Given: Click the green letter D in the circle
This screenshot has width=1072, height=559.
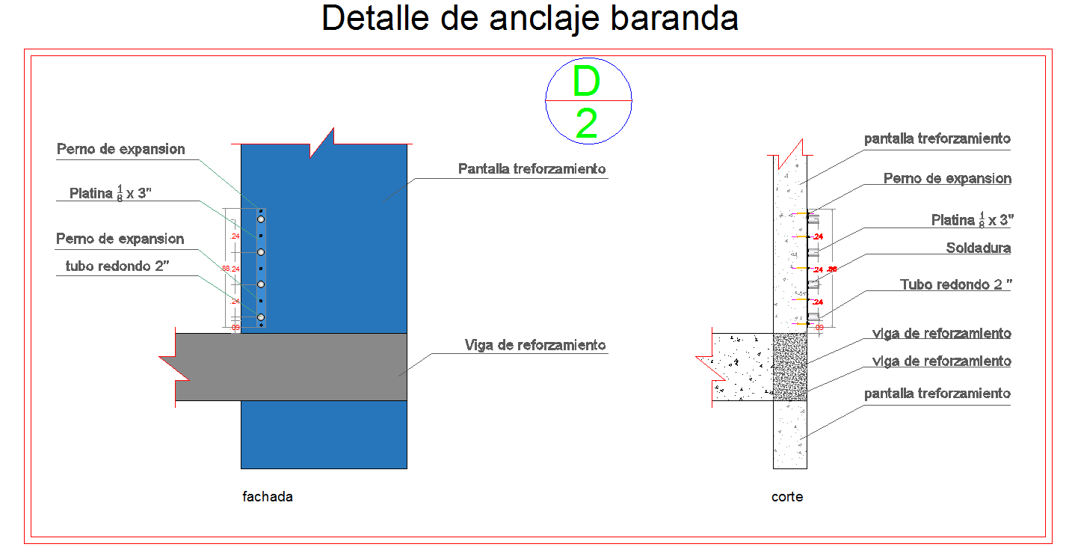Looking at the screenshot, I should [587, 82].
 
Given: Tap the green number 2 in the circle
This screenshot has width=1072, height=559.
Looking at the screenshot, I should [587, 124].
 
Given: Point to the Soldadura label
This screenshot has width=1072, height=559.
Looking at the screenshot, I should [978, 248].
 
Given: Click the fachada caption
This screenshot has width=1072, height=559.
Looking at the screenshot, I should [268, 496].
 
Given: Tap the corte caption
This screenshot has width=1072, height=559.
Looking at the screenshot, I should [787, 496].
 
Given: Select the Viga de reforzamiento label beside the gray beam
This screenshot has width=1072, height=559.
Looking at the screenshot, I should [535, 345].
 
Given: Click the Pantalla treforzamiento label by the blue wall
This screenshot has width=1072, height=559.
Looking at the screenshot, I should [532, 169].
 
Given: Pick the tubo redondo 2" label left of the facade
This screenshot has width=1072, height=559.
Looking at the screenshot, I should [118, 266].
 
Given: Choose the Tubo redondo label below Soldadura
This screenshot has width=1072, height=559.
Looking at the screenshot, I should [955, 284].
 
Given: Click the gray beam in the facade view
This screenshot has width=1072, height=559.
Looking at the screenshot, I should [299, 367].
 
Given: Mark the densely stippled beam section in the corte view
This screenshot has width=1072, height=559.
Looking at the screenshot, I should [789, 367].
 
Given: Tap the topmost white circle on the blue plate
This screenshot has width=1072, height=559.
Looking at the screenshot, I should [261, 219].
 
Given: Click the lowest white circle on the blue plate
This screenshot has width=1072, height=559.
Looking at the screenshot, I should [261, 318].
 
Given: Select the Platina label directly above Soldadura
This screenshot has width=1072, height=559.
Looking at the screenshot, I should [972, 220].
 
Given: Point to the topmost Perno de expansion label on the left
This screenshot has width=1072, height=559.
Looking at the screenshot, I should [121, 149].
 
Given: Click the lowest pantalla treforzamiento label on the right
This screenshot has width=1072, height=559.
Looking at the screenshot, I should [937, 394].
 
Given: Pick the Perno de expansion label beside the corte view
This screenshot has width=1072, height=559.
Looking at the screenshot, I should [947, 179].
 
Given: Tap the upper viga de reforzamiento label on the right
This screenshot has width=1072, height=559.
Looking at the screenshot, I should [942, 334].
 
